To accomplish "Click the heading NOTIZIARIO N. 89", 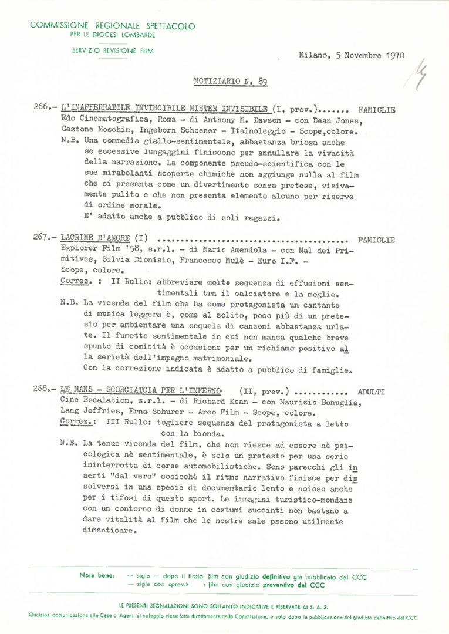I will coord(230,82).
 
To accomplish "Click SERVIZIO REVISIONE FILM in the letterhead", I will coord(112,50).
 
